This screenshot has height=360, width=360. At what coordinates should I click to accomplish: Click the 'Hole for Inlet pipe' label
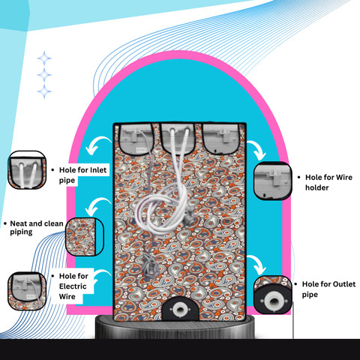click(82, 175)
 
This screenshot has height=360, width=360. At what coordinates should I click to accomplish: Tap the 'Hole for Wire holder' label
click(328, 182)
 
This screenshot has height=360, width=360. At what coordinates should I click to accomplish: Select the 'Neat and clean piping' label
click(37, 227)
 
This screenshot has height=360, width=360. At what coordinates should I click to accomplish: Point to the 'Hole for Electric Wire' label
click(73, 286)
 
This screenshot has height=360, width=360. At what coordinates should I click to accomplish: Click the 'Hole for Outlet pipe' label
click(328, 289)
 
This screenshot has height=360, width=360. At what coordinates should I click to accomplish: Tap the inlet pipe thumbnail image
click(27, 170)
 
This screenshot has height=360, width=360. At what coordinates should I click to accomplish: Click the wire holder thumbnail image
click(273, 181)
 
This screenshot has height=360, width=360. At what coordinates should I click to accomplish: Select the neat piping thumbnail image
click(85, 237)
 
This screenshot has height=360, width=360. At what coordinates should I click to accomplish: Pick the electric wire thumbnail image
click(27, 291)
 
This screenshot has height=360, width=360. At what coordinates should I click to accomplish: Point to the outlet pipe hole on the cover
click(180, 310)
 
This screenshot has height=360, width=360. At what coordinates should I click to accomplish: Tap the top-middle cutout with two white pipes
click(178, 139)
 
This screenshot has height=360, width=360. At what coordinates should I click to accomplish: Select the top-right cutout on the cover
click(221, 139)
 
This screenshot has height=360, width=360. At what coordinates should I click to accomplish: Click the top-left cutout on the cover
click(136, 139)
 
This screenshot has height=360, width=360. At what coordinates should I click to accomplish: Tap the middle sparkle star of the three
click(44, 75)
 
